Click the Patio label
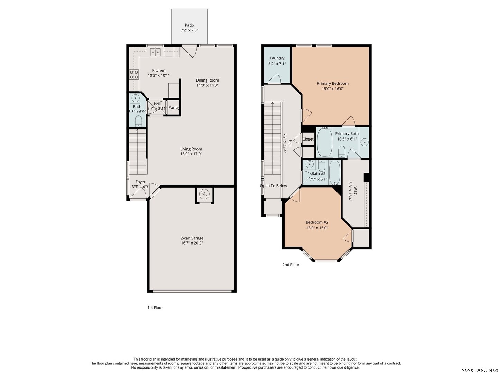189,25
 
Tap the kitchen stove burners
134,75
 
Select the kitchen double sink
156,52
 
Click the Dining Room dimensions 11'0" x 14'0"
207,85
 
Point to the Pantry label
174,107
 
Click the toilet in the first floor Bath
138,121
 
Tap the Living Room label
191,149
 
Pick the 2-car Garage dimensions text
192,243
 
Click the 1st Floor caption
155,307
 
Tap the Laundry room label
277,58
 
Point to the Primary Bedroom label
333,83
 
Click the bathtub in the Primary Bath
325,142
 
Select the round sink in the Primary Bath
365,142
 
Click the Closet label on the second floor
308,139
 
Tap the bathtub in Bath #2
334,173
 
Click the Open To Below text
274,186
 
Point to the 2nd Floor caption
291,265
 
